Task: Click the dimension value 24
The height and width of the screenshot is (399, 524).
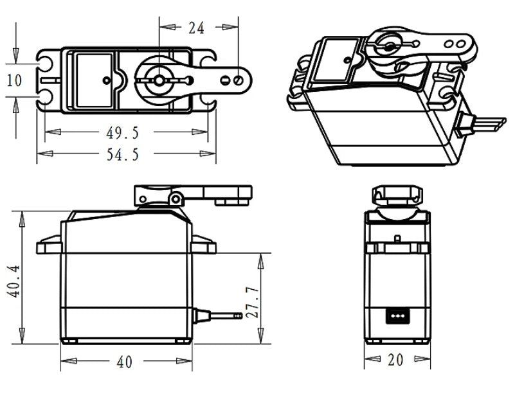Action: [x=196, y=28]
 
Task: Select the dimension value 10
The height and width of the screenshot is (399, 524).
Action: [x=14, y=81]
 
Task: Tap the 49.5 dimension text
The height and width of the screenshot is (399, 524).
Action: [x=122, y=133]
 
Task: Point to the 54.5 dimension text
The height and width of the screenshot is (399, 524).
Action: [x=122, y=154]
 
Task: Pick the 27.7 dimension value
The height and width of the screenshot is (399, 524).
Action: [x=253, y=302]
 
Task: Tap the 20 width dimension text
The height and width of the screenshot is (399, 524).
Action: [x=395, y=360]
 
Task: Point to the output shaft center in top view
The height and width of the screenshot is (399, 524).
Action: [x=157, y=80]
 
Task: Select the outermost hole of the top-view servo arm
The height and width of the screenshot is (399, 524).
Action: [x=239, y=81]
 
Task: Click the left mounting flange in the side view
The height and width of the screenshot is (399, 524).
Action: [x=49, y=245]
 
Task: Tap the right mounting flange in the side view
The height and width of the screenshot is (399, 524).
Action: [x=204, y=244]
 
